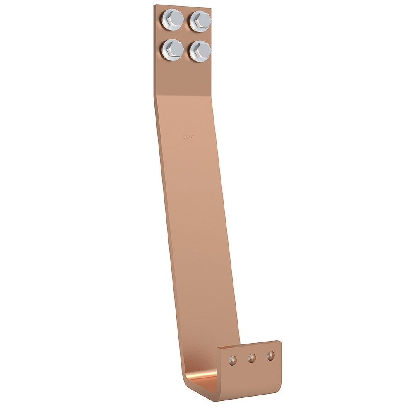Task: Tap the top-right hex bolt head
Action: point(200,20)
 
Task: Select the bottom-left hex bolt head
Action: point(172,49)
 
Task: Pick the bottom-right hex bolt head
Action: point(200,51)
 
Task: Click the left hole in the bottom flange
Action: point(233,360)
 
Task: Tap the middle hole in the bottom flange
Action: point(252,358)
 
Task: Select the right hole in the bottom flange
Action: point(270,356)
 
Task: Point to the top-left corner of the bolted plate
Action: point(154,5)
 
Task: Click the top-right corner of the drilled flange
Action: point(281,341)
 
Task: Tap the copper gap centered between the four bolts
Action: point(186,35)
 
